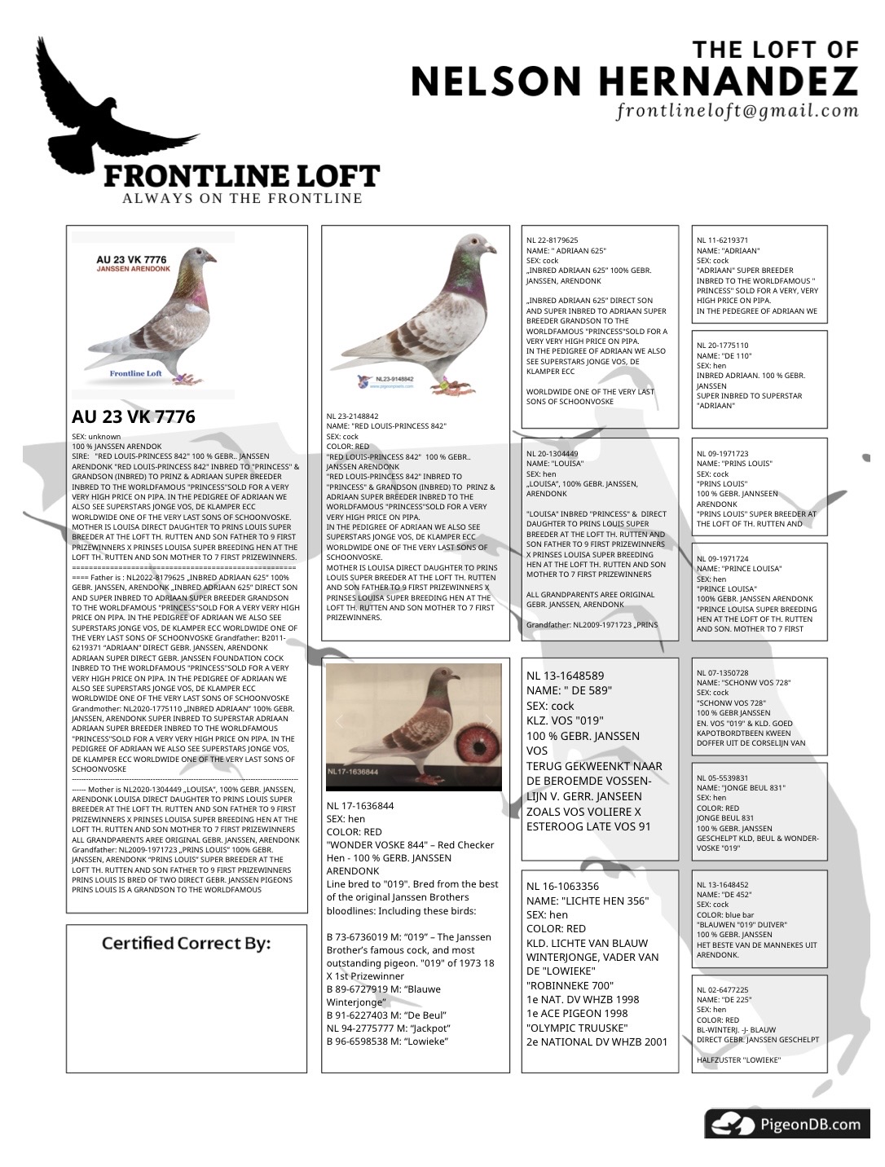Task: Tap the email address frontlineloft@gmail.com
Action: click(x=737, y=111)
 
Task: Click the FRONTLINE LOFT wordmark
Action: click(x=241, y=176)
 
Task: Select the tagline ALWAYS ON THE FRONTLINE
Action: click(x=242, y=198)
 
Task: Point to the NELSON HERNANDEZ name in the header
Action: click(x=634, y=81)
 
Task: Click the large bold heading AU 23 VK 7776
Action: click(x=134, y=416)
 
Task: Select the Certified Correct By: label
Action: click(x=186, y=943)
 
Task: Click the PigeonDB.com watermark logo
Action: click(x=786, y=1125)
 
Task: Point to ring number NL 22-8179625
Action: click(x=553, y=240)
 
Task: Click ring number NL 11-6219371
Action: click(x=722, y=240)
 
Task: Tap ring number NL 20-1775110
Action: click(x=722, y=346)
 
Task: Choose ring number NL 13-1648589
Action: click(x=565, y=676)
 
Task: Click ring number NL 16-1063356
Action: click(x=562, y=886)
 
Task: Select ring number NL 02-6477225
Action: click(x=722, y=989)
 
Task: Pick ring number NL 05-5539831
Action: click(x=722, y=778)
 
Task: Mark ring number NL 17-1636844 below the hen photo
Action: click(x=360, y=806)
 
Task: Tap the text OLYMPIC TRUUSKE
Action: click(x=577, y=1028)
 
